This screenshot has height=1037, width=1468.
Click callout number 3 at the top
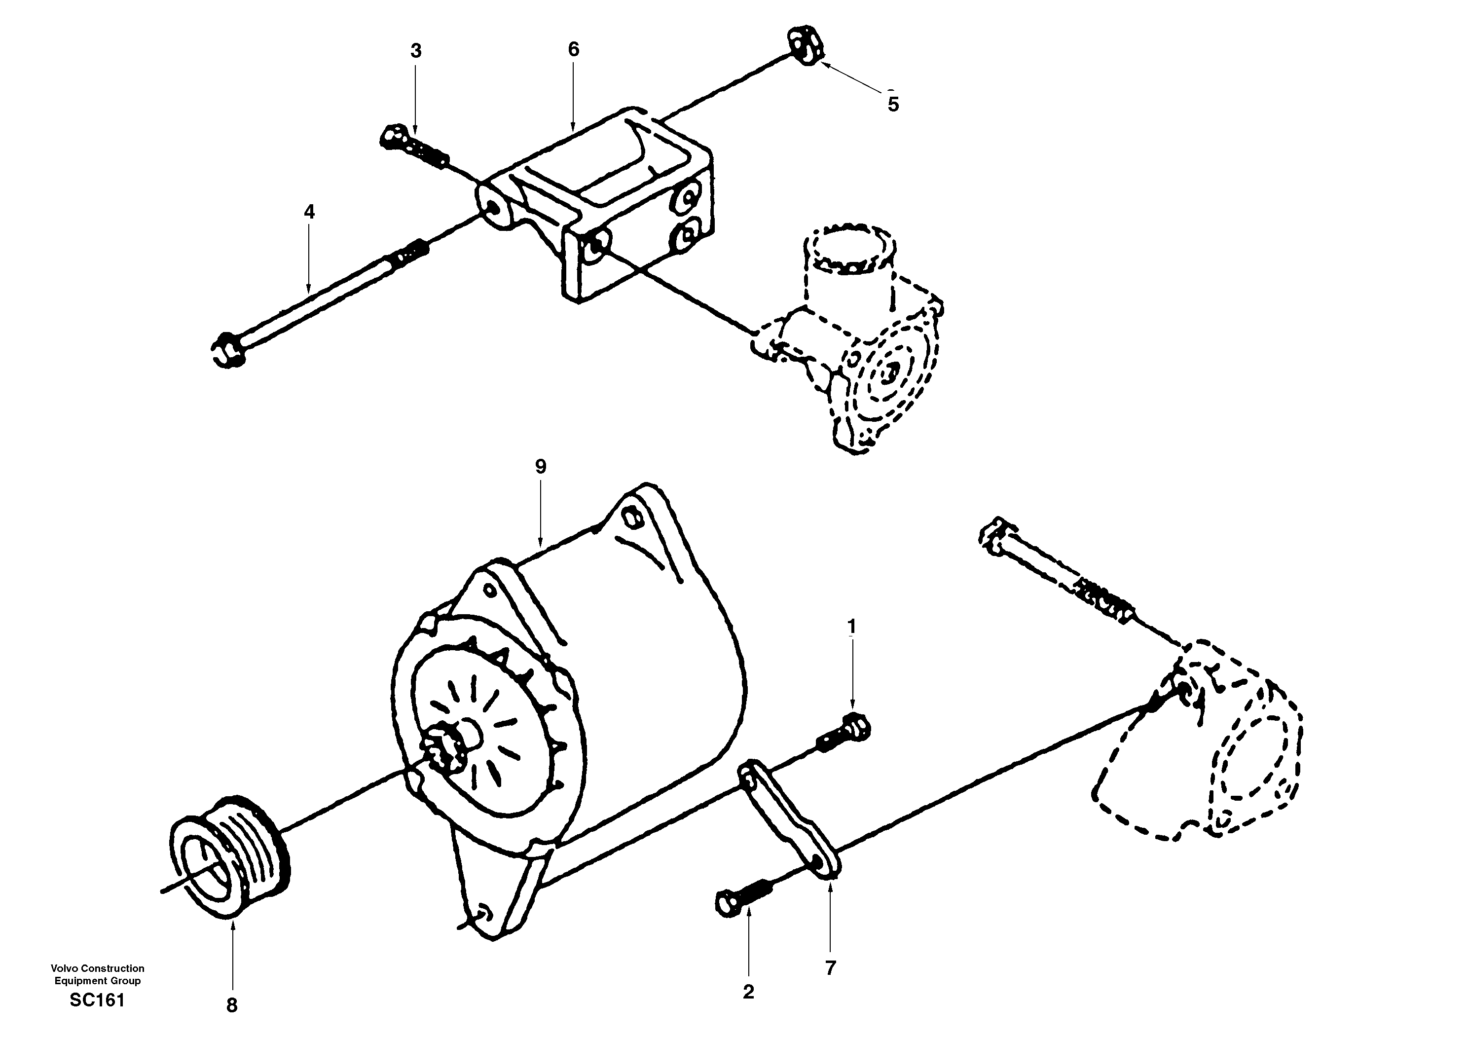[x=416, y=52]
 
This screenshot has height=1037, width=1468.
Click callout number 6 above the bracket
[x=574, y=49]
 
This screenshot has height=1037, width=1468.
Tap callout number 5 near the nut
[x=893, y=104]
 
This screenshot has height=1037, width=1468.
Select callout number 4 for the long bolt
[x=309, y=212]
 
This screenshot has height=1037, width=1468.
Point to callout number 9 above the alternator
[x=541, y=467]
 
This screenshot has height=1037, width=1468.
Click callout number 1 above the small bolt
[x=851, y=627]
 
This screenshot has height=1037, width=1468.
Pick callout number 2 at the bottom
[x=749, y=992]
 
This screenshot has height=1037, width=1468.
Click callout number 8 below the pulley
[x=232, y=1005]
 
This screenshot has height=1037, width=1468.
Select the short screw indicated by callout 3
[x=412, y=147]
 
